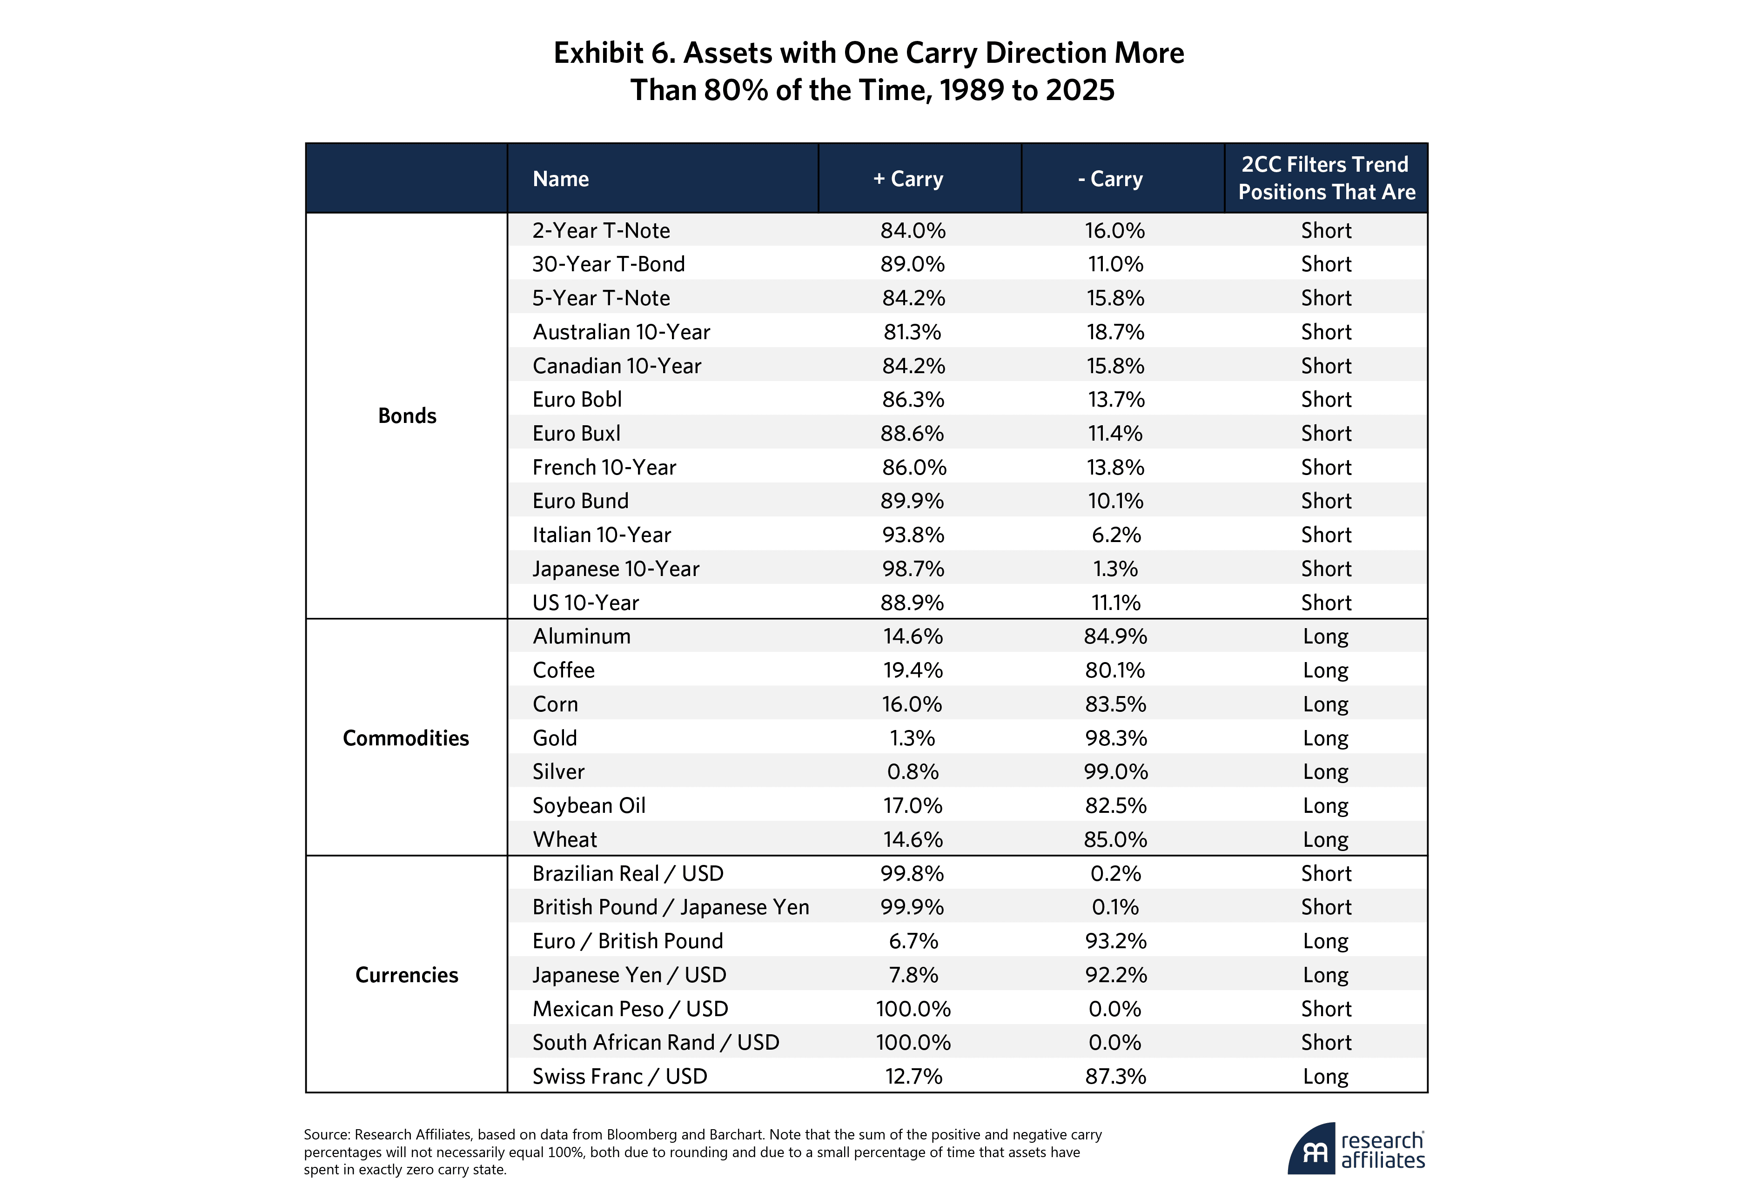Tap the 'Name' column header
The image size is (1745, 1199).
pos(560,179)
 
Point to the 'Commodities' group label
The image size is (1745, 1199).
pos(406,738)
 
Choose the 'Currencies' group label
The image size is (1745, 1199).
pos(406,974)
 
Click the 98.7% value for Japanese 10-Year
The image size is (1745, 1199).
pos(913,569)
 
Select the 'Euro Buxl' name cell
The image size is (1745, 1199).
pos(576,434)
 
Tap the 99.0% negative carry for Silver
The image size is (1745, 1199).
pos(1115,771)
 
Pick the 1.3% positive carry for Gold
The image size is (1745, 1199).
pos(912,738)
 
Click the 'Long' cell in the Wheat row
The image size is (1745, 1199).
pos(1325,839)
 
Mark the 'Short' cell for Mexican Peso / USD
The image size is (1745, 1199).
pos(1326,1008)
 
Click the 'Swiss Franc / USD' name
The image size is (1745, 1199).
pos(620,1076)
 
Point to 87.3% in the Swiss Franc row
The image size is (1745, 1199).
pos(1115,1076)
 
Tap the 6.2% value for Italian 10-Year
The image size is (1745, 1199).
pos(1115,535)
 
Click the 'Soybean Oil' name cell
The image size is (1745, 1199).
pos(589,805)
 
